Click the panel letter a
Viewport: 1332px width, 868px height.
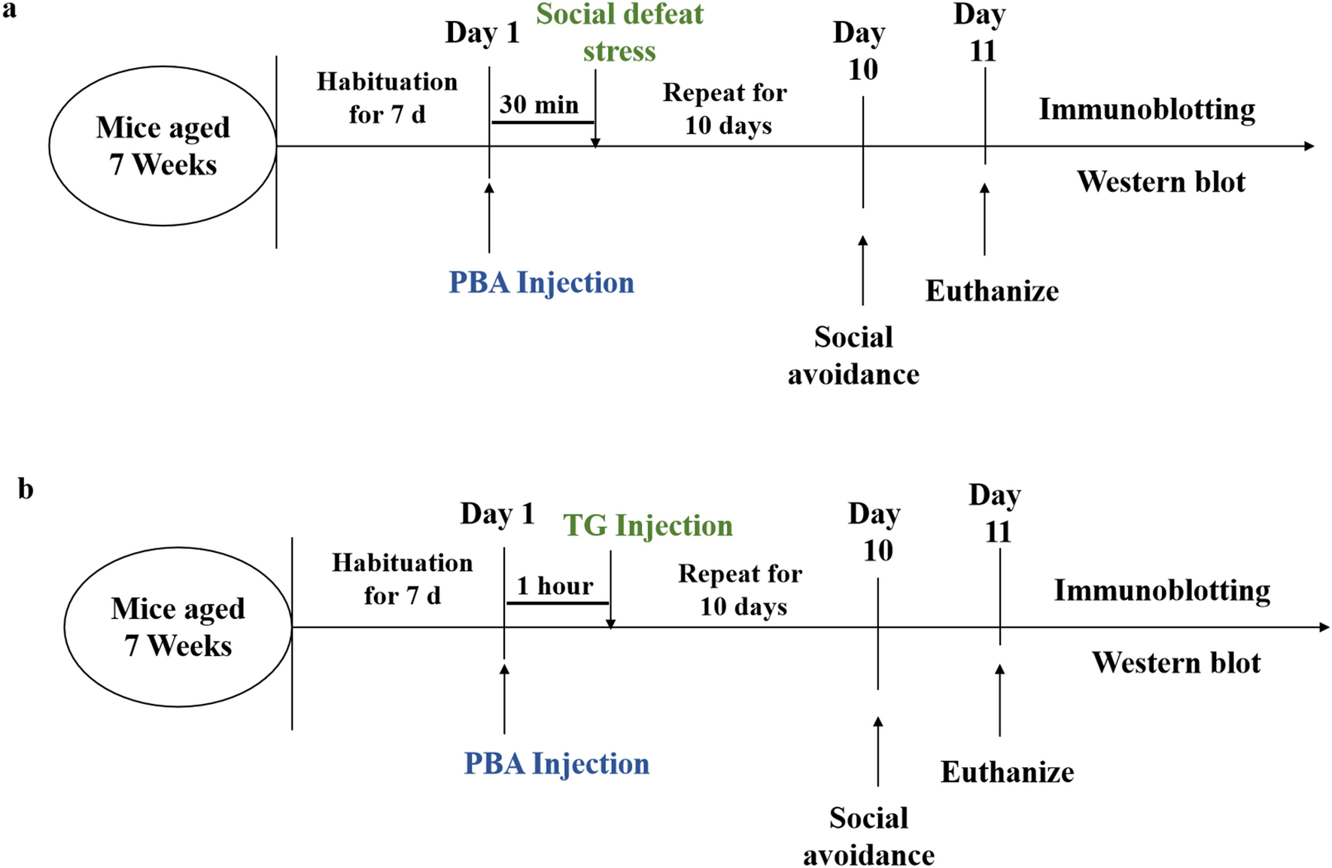[9, 10]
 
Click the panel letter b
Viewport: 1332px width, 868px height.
[25, 489]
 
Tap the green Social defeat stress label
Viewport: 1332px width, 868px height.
[619, 32]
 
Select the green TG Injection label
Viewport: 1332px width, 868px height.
[647, 525]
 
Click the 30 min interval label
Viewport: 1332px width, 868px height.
[539, 105]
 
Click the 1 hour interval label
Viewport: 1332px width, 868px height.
[555, 586]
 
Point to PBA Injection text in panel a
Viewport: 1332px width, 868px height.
[541, 283]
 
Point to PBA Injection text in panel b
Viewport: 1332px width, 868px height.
[556, 763]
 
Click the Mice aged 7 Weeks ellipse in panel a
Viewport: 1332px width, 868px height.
[163, 146]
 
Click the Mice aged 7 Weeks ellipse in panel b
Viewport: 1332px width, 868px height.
[178, 627]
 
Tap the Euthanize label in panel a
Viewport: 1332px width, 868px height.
[991, 291]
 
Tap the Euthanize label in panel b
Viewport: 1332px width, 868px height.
[1007, 772]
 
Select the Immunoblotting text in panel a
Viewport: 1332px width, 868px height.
[1146, 110]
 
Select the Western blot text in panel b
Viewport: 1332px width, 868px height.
[1175, 663]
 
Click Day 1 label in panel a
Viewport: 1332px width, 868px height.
[482, 33]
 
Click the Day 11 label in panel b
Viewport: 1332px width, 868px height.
[995, 513]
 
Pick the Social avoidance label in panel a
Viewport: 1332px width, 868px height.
[853, 355]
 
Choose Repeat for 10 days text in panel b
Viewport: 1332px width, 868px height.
[741, 590]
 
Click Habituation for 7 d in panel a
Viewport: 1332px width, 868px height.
[387, 98]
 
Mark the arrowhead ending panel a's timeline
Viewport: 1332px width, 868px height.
[1309, 146]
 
